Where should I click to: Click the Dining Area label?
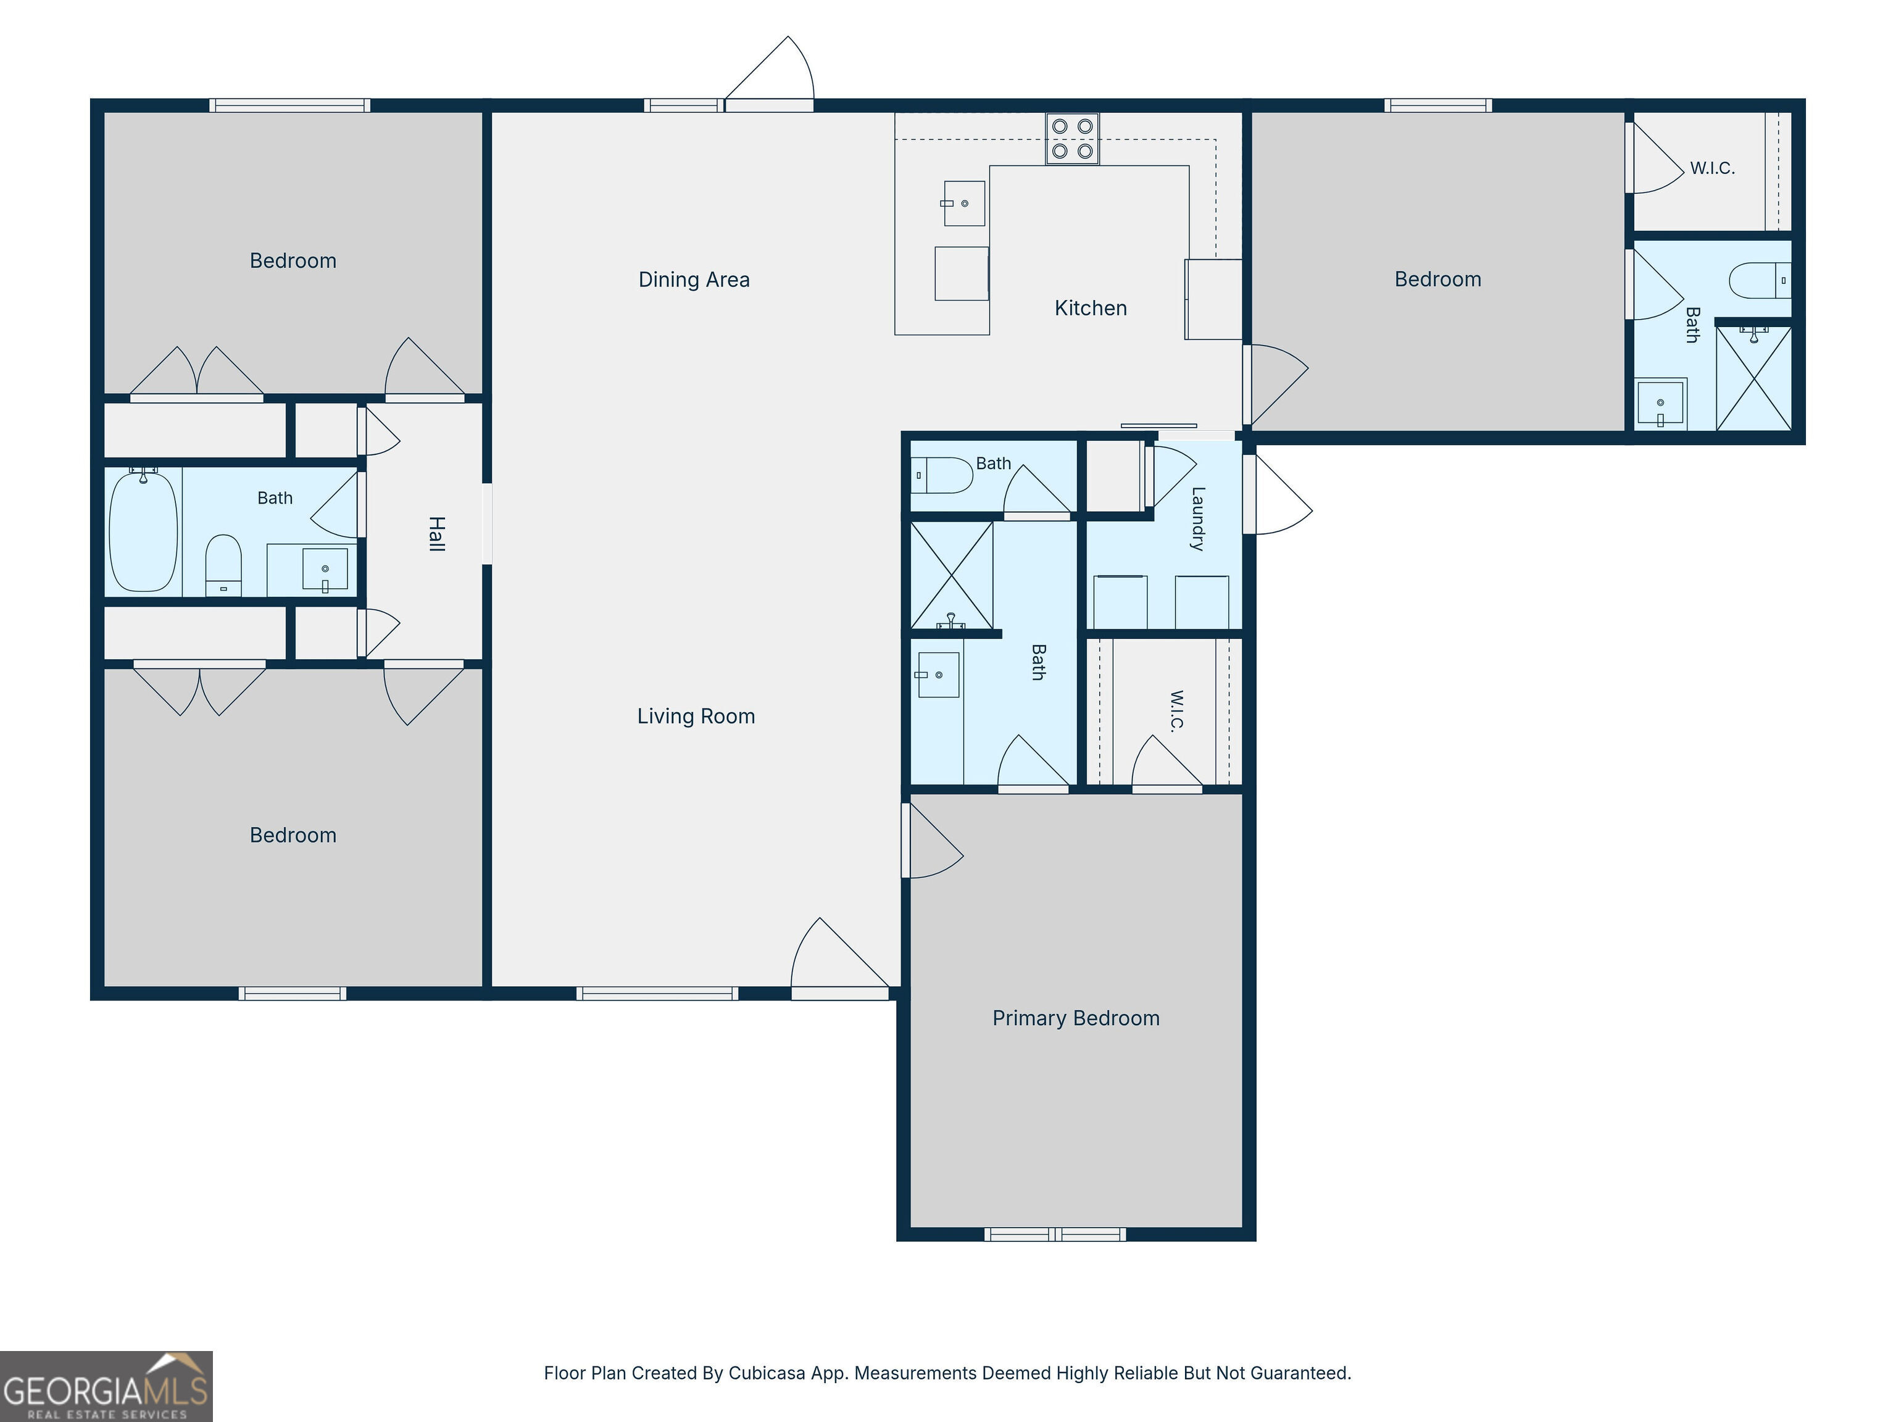(x=694, y=280)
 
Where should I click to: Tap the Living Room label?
(x=696, y=717)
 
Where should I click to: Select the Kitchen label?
(x=1091, y=308)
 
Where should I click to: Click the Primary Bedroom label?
(x=1076, y=1018)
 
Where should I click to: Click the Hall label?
(x=436, y=534)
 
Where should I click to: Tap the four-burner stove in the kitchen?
(x=1072, y=139)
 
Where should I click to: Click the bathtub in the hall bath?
(x=143, y=531)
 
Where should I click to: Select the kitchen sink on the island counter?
(x=964, y=203)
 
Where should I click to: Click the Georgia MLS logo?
(x=106, y=1386)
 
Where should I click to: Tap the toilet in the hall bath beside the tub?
(x=223, y=566)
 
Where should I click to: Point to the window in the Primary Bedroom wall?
(x=1055, y=1234)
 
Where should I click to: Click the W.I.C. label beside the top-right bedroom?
(x=1713, y=168)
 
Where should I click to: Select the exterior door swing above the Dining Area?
(x=770, y=73)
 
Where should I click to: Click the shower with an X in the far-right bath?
(x=1753, y=378)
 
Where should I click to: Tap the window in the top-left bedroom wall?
(x=289, y=106)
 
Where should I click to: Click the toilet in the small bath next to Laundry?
(x=942, y=475)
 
